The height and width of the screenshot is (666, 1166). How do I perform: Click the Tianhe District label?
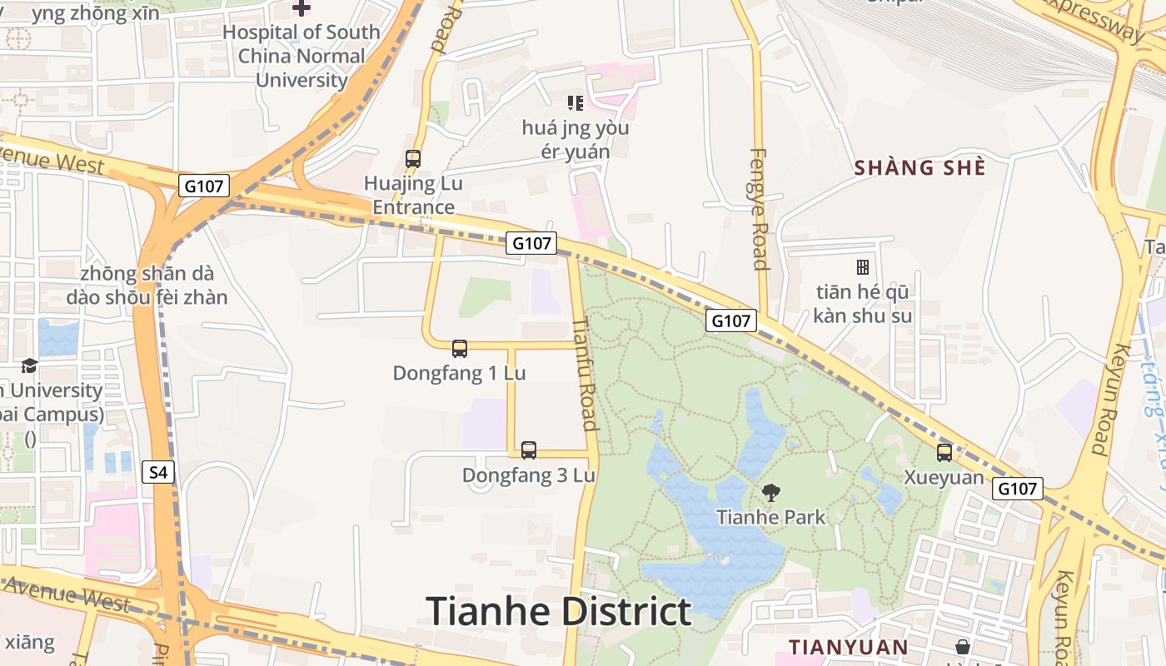[559, 612]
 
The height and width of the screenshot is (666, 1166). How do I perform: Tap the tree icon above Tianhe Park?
[771, 492]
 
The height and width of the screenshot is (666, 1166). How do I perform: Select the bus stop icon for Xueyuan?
[944, 452]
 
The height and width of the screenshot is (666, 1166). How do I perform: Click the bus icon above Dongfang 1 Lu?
[459, 348]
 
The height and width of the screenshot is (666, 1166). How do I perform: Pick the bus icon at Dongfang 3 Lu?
[528, 450]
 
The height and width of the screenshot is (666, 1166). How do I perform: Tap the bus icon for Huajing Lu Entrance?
[412, 158]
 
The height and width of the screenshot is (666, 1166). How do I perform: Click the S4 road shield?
[158, 473]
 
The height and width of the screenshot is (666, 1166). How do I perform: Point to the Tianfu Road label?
[586, 373]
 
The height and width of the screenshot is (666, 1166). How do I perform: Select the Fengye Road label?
[759, 209]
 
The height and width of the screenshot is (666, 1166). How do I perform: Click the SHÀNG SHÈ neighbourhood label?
[919, 167]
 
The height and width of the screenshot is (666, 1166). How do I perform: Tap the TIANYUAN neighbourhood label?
[849, 647]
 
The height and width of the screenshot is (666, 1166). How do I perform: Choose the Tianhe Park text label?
[771, 517]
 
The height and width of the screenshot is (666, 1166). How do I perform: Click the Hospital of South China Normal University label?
[301, 56]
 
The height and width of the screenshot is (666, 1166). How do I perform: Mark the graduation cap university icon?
[29, 365]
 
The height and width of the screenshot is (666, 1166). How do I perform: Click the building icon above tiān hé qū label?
[862, 267]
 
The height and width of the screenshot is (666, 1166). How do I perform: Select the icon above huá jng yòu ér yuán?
[575, 103]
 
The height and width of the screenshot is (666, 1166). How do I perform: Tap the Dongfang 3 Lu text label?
[529, 475]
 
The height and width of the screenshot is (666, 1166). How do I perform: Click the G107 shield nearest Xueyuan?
[1017, 489]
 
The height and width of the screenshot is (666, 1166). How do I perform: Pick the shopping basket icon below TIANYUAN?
[963, 646]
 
